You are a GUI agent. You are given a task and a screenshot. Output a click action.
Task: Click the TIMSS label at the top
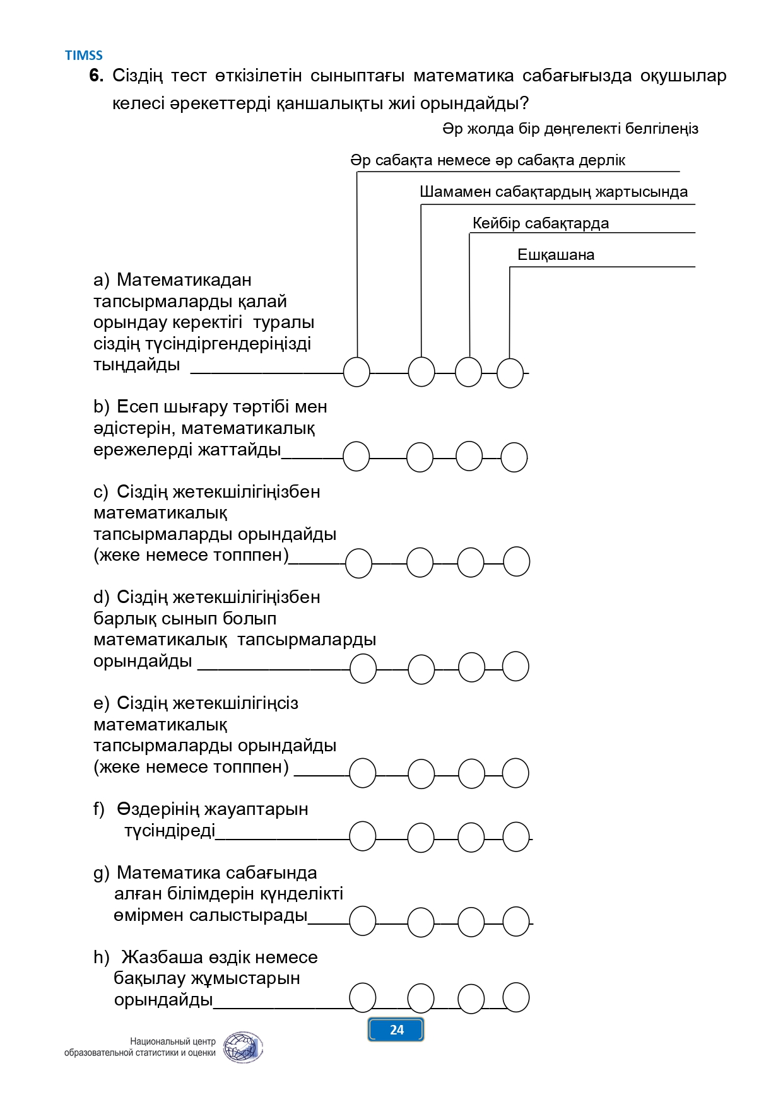point(83,56)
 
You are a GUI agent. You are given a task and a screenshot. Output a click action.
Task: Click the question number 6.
point(96,76)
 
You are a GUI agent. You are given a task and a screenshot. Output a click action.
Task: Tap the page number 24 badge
point(396,1030)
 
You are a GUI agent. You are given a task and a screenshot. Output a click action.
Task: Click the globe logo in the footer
point(244,1048)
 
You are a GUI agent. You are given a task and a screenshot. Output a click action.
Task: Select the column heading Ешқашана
point(556,255)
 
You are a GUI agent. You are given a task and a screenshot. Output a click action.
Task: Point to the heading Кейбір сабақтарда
point(541,223)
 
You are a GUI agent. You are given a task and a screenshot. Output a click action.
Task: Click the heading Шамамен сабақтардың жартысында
point(554,192)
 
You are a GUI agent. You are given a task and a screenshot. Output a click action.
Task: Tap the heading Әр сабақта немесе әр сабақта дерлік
point(488,160)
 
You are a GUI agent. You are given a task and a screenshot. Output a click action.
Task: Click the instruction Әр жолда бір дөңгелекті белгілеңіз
point(570,129)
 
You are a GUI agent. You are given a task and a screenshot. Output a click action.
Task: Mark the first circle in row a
point(356,372)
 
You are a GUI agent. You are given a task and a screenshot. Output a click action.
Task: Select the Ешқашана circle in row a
point(510,373)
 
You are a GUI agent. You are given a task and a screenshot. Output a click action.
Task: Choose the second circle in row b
point(420,457)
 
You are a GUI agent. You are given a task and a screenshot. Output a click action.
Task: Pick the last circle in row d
point(516,666)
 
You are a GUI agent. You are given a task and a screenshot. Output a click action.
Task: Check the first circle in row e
point(363,773)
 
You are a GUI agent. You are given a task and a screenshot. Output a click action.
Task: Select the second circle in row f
point(421,838)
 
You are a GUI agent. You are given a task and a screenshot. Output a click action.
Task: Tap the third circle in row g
point(471,922)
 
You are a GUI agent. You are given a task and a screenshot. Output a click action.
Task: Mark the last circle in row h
point(516,997)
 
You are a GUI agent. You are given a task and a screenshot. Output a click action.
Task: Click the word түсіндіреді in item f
point(170,831)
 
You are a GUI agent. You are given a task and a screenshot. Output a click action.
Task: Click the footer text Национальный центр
point(173,1041)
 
